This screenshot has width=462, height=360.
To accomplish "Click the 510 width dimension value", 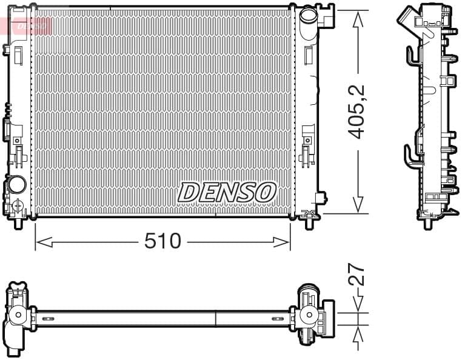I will [162, 241].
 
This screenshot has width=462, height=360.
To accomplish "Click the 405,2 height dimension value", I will [358, 112].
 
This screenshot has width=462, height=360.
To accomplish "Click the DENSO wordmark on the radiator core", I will [226, 192].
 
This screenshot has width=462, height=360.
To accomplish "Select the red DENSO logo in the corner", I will [27, 25].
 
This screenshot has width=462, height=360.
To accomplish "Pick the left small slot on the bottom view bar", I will [48, 318].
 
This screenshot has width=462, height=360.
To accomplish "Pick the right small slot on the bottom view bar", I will [278, 318].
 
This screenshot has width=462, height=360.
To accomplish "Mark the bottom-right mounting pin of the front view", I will [309, 222].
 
